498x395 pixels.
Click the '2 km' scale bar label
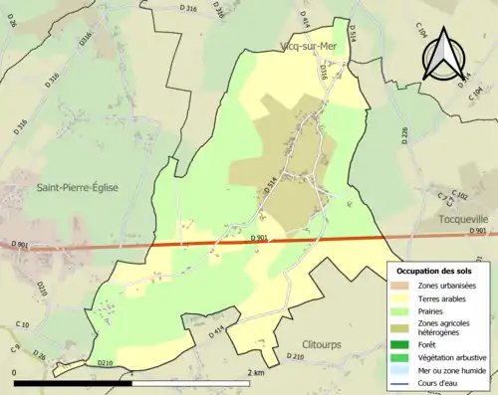(256, 373)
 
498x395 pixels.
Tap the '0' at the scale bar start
(15, 373)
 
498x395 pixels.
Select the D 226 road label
(404, 136)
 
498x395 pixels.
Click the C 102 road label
(459, 195)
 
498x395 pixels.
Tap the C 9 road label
(15, 347)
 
